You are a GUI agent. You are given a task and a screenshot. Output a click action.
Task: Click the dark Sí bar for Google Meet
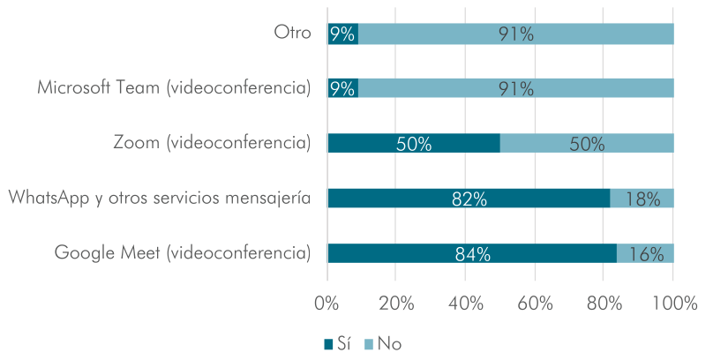pyautogui.click(x=471, y=253)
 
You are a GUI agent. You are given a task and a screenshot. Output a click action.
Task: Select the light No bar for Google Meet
pyautogui.click(x=645, y=253)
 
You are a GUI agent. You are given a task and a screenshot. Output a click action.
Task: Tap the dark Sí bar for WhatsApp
pyautogui.click(x=468, y=199)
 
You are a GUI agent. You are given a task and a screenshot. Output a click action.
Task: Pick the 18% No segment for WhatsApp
pyautogui.click(x=642, y=199)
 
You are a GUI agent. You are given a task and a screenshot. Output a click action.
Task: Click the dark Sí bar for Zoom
pyautogui.click(x=413, y=144)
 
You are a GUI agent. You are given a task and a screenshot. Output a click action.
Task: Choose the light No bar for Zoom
pyautogui.click(x=587, y=144)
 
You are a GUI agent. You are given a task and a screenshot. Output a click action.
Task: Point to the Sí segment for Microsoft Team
pyautogui.click(x=342, y=88)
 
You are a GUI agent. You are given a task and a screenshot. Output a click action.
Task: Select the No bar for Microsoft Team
pyautogui.click(x=515, y=88)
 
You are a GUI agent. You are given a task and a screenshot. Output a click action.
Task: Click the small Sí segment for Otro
pyautogui.click(x=342, y=34)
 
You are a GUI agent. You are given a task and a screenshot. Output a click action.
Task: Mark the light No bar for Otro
pyautogui.click(x=515, y=34)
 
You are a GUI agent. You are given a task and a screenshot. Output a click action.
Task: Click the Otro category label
pyautogui.click(x=292, y=34)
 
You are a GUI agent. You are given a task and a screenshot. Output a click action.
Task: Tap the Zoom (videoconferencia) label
pyautogui.click(x=212, y=143)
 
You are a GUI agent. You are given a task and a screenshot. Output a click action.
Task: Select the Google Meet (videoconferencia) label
pyautogui.click(x=183, y=253)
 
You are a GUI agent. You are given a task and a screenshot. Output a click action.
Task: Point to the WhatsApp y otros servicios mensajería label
pyautogui.click(x=159, y=199)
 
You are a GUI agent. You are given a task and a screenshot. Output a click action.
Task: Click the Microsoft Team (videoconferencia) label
pyautogui.click(x=174, y=88)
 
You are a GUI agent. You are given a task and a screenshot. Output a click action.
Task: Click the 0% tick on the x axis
pyautogui.click(x=327, y=303)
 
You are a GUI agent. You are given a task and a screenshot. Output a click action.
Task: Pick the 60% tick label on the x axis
pyautogui.click(x=535, y=303)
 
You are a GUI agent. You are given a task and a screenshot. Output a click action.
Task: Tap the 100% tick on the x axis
pyautogui.click(x=674, y=303)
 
